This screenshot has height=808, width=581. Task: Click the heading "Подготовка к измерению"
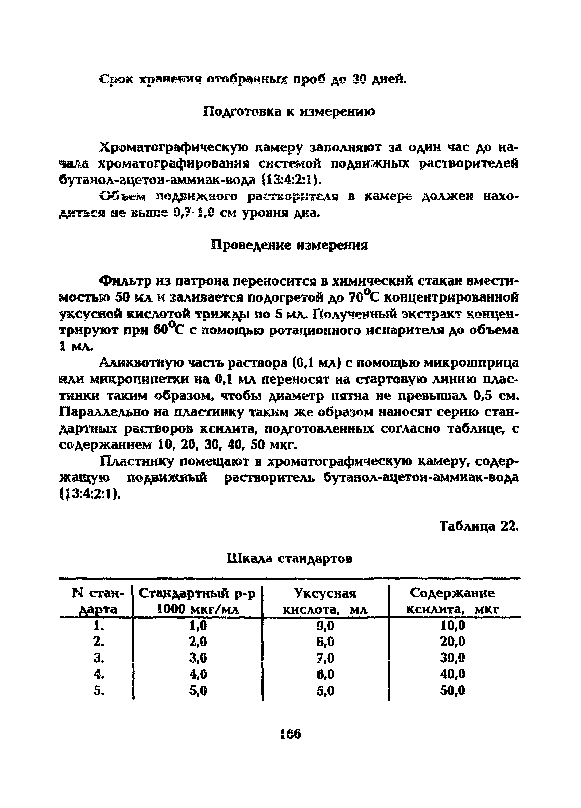(x=289, y=111)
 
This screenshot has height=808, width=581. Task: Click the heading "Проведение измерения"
(x=289, y=245)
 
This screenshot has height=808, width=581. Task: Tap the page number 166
(x=290, y=734)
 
